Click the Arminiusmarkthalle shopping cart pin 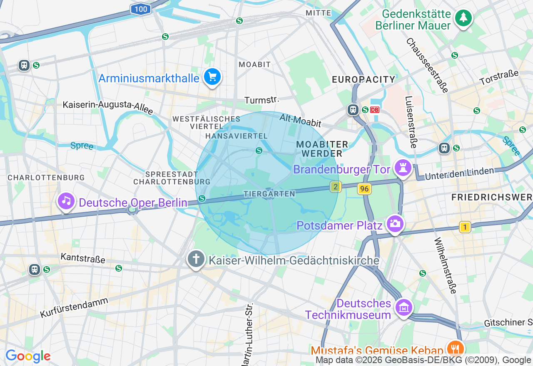(x=212, y=77)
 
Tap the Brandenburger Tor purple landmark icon (x=403, y=168)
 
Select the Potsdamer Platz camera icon (x=394, y=224)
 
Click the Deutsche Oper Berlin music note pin (x=66, y=201)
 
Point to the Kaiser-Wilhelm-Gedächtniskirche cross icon (x=196, y=260)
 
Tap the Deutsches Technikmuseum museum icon (x=403, y=308)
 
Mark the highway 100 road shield (x=141, y=9)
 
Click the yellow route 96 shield (x=364, y=189)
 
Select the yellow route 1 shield (x=465, y=227)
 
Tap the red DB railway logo (x=375, y=110)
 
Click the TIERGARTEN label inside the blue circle (x=269, y=194)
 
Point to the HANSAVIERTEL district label (x=236, y=136)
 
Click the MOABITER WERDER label (x=322, y=149)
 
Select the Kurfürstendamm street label (x=74, y=308)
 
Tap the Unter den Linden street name (x=459, y=174)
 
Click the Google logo (x=28, y=356)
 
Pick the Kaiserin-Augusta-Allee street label (x=108, y=107)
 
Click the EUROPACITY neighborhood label (x=364, y=79)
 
